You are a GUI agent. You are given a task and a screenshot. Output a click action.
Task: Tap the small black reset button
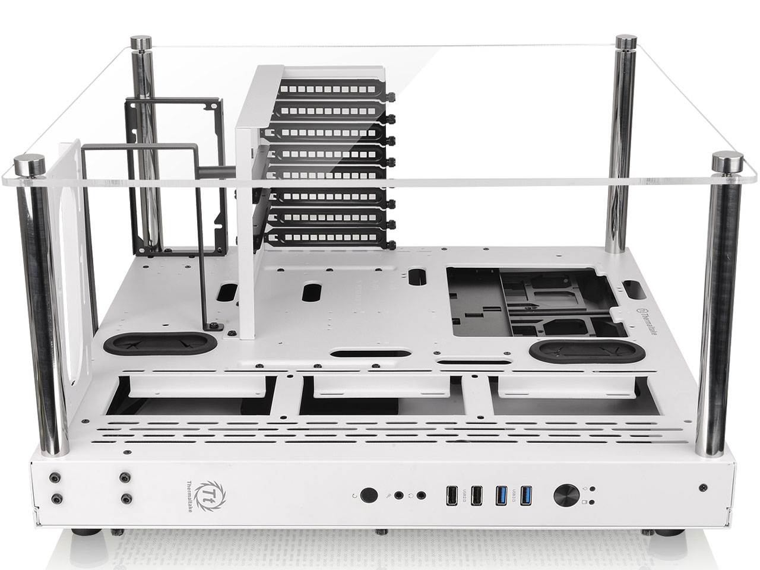coord(369,494)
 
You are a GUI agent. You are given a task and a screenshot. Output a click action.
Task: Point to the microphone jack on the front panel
coord(401,494)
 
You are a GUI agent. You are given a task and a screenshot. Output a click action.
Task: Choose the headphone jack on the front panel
coord(422,494)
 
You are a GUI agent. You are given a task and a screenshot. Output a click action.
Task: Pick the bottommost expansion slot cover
coord(327,239)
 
